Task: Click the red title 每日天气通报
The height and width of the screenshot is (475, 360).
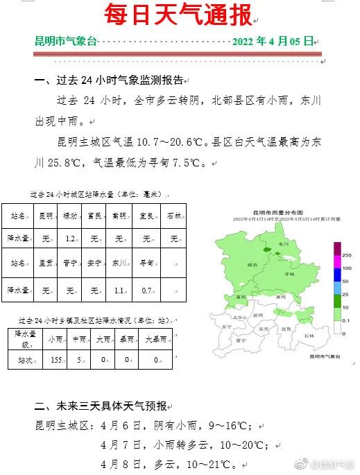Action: tap(178, 14)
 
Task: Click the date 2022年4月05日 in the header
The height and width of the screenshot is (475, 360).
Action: tap(273, 41)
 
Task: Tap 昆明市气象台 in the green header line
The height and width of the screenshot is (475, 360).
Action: tap(66, 41)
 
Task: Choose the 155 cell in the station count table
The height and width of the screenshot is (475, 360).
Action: tap(57, 360)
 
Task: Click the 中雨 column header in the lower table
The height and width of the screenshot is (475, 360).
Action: tap(80, 340)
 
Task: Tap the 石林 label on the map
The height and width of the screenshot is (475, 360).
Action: tap(309, 336)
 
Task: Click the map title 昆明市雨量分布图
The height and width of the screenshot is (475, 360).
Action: tap(276, 212)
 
